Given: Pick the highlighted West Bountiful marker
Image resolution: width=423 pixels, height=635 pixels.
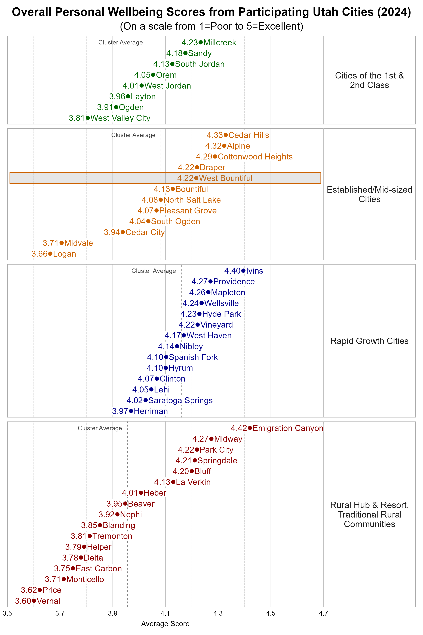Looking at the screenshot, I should coord(196,178).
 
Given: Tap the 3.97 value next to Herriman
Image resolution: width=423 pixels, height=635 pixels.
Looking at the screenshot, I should coord(120,411).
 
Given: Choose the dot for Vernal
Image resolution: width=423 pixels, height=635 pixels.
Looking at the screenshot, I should coord(34,601).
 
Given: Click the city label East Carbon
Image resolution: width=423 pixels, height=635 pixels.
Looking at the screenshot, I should coord(99,568).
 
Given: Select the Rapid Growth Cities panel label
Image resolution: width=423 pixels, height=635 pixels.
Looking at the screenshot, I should coord(369,341).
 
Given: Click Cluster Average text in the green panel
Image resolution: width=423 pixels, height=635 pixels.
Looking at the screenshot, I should coord(120,42).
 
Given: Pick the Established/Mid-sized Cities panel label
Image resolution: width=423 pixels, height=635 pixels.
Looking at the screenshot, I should coord(369,194).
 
